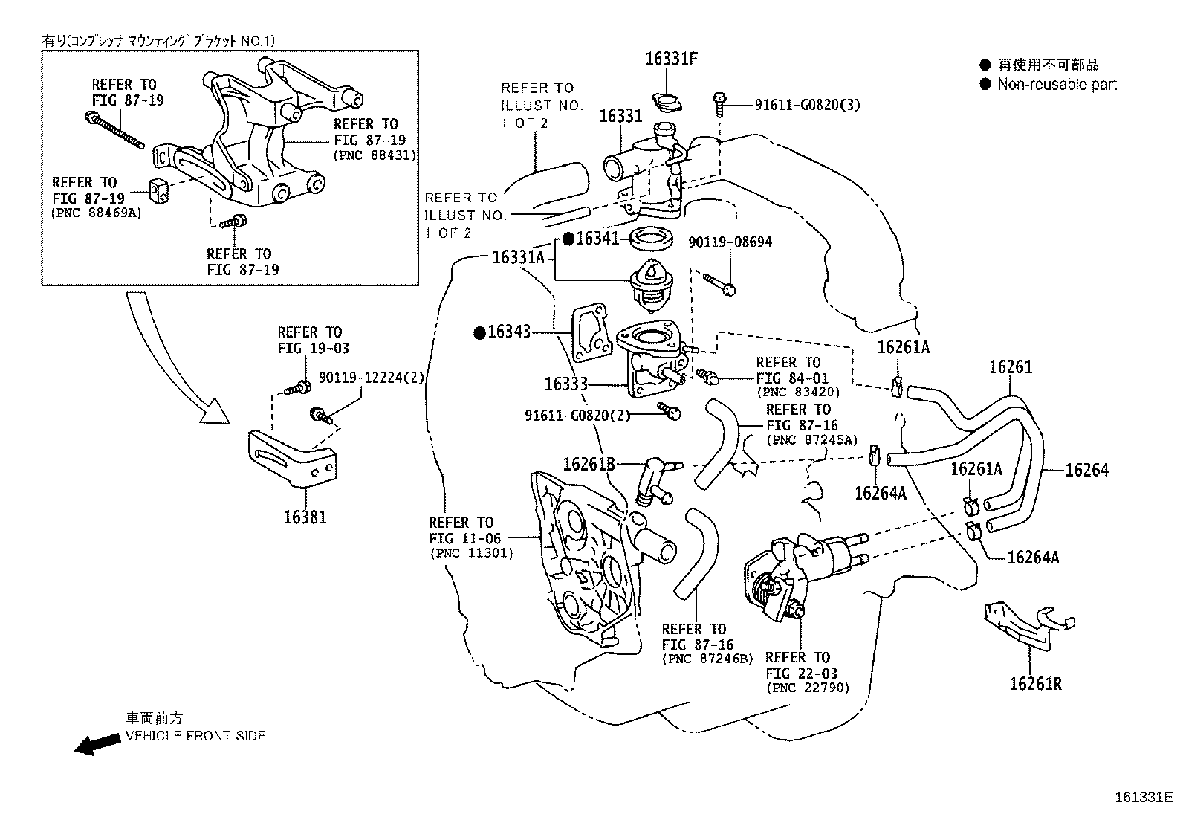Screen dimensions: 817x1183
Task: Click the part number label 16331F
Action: (671, 59)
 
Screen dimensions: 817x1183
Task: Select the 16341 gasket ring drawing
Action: (652, 240)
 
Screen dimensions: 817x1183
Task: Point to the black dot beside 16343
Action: (479, 332)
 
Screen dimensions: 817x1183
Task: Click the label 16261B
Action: (589, 465)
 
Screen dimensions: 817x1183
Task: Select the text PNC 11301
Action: (472, 554)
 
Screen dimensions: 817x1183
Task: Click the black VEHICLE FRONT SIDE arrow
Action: (97, 744)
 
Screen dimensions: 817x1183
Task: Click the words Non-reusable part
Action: (1057, 85)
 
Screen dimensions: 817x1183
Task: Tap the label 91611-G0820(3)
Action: (807, 105)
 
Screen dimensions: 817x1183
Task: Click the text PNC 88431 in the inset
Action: (375, 155)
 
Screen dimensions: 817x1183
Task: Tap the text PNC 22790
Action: (808, 688)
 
